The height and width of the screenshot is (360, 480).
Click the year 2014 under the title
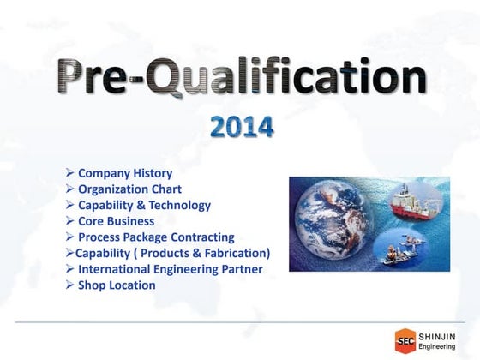coord(243,128)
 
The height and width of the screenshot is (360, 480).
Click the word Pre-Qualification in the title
coord(242,80)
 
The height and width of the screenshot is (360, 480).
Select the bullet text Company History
coord(124,173)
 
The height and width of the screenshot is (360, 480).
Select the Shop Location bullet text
coord(117,285)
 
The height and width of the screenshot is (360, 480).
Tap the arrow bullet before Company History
coord(70,173)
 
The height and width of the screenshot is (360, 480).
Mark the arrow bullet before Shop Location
coord(70,285)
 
